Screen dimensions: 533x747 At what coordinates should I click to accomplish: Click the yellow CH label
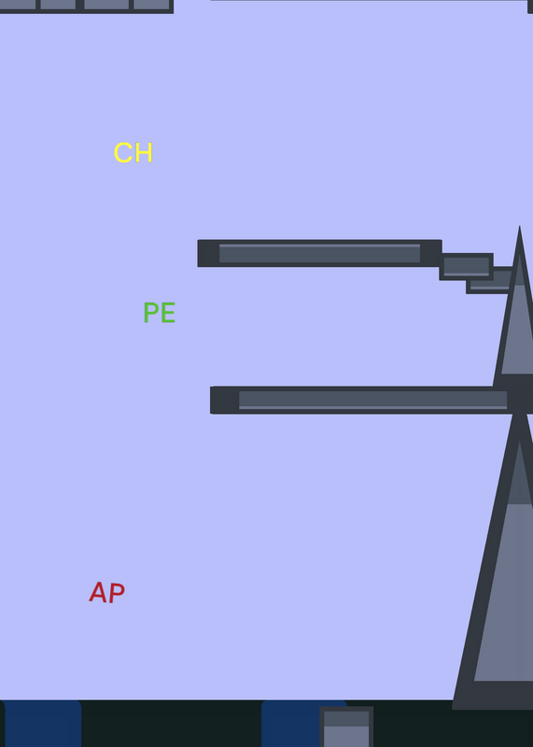coord(133,153)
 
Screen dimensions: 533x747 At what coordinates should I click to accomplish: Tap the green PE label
coord(159,313)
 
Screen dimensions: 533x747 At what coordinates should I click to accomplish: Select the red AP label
coord(107,592)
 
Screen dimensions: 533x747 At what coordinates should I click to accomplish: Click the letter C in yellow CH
coord(123,153)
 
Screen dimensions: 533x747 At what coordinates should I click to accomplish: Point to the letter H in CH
coord(144,153)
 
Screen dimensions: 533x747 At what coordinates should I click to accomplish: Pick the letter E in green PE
coord(169,313)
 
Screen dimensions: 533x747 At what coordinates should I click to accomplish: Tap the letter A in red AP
coord(98,592)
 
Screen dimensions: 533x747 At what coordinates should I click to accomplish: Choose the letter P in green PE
coord(151,313)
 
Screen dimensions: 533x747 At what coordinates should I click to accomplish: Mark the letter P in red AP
coord(118,593)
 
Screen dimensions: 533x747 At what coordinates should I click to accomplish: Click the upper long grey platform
coord(319,253)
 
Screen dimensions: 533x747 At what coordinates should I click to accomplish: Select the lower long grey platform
coord(372,401)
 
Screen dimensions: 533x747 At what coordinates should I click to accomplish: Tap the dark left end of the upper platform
coord(209,253)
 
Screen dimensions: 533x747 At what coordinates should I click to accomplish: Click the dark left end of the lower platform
coord(224,401)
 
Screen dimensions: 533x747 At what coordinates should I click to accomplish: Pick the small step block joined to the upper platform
coord(467,267)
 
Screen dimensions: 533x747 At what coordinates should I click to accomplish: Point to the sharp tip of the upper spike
coord(519,227)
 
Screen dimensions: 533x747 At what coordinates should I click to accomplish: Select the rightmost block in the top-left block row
coord(151,5)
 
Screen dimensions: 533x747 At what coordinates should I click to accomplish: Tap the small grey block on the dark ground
coord(346,726)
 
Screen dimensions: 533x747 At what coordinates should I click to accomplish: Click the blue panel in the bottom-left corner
coord(42,724)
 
